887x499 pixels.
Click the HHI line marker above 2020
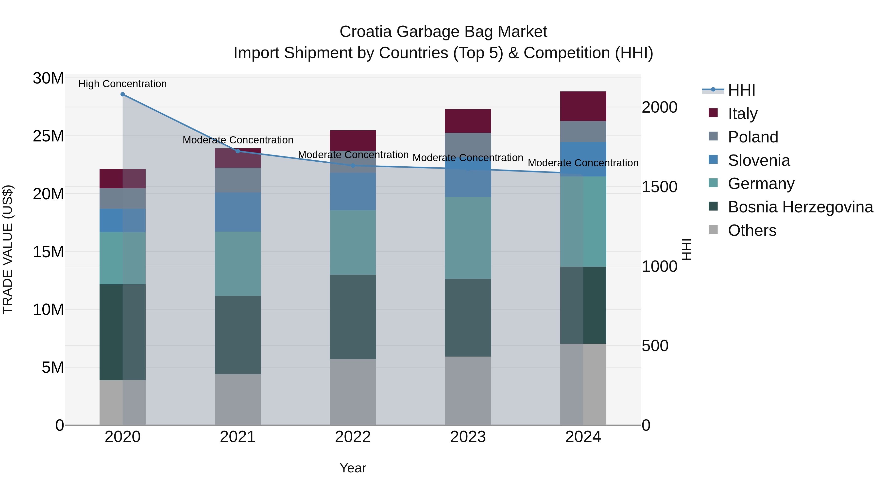pos(123,94)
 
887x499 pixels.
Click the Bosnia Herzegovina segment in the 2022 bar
pos(353,317)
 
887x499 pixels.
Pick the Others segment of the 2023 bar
pos(468,391)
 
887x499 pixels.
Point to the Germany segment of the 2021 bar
pos(238,263)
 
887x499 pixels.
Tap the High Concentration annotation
pos(123,84)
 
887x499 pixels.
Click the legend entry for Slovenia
pos(759,160)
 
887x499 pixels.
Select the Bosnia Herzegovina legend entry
pos(800,207)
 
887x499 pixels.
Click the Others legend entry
pos(752,230)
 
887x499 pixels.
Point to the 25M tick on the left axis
pos(48,136)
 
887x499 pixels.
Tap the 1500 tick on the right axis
pos(659,187)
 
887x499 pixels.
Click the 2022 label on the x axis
pos(353,437)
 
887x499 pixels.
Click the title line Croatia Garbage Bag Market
pos(443,32)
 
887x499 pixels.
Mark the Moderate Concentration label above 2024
pos(583,163)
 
